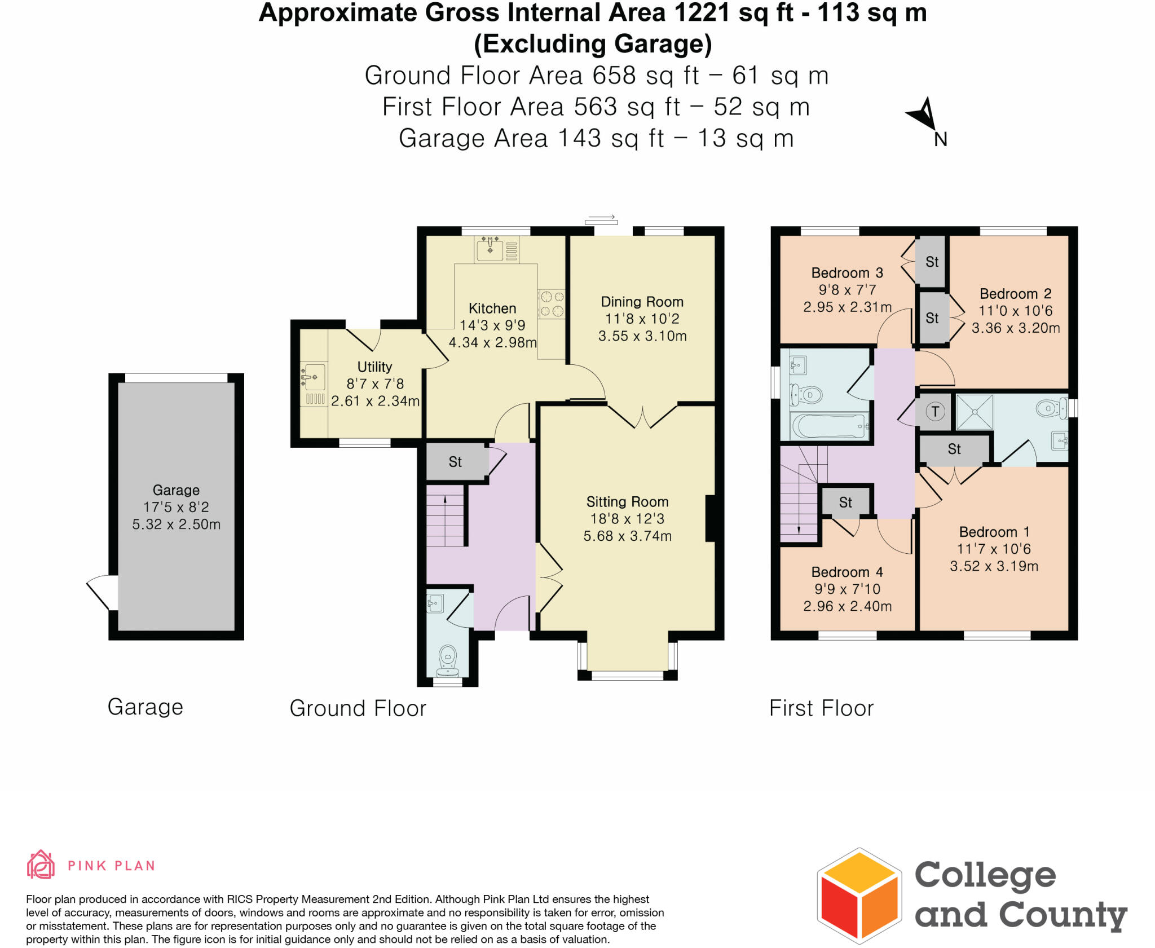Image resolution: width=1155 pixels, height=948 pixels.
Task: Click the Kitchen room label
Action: point(492,308)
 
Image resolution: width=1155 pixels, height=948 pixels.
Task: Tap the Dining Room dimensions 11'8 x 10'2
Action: point(642,319)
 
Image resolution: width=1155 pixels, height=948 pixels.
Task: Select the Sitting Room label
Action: point(627,501)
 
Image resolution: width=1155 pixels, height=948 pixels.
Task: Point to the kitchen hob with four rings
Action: point(551,303)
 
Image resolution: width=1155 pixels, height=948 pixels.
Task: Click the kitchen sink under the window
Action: point(490,249)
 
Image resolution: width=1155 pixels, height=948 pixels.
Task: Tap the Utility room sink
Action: point(314,376)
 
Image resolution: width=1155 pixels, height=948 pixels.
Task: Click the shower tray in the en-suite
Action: point(975,412)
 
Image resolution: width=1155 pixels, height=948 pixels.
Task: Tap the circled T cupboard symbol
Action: point(935,411)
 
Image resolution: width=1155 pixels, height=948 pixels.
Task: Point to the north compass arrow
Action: point(924,114)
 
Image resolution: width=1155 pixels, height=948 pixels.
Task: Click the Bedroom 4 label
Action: point(847,572)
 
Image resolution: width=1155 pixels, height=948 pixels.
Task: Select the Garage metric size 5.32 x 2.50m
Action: point(176,524)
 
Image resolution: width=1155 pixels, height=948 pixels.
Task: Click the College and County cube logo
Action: point(859,896)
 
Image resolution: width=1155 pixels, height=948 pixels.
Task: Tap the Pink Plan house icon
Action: point(41,865)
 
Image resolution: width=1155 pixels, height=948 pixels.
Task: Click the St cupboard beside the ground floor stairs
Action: point(455,462)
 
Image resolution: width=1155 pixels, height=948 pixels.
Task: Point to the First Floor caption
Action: point(821,708)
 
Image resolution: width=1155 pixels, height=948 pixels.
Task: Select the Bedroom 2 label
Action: point(1015,293)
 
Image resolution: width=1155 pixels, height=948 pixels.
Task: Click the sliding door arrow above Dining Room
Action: point(601,219)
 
